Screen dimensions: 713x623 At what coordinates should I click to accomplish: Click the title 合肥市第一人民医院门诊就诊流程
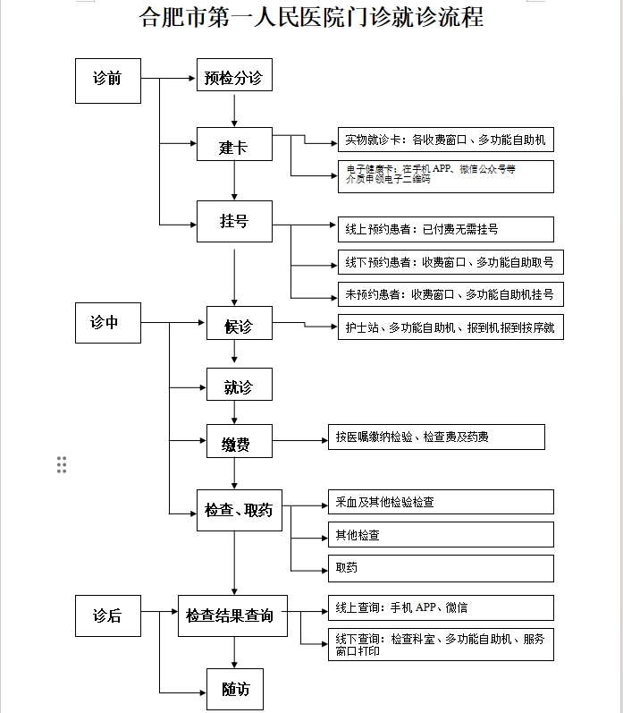(x=311, y=17)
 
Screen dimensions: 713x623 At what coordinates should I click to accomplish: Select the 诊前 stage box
(x=107, y=80)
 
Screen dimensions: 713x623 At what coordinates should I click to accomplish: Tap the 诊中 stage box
(x=107, y=323)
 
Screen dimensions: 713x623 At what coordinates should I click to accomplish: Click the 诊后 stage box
(x=107, y=615)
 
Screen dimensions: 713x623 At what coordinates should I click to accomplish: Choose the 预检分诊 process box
(x=233, y=78)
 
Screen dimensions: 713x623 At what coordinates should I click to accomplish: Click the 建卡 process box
(x=234, y=147)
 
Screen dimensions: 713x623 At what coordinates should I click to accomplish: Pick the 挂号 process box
(x=234, y=220)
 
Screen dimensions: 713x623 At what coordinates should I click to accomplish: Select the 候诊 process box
(x=239, y=327)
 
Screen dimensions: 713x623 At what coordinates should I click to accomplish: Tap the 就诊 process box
(x=239, y=387)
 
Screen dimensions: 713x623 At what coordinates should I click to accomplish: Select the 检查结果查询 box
(x=230, y=615)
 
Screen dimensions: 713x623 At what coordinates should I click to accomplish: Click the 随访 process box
(x=235, y=688)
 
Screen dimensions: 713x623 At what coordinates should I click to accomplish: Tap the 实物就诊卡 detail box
(x=445, y=140)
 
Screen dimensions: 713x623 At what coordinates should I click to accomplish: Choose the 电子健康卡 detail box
(x=445, y=175)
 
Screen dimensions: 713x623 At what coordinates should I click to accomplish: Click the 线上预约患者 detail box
(x=445, y=229)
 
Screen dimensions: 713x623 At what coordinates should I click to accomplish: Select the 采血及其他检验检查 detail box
(x=440, y=502)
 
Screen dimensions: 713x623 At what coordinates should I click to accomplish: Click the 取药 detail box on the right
(x=440, y=568)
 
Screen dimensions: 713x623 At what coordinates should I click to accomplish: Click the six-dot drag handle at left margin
(x=62, y=464)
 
